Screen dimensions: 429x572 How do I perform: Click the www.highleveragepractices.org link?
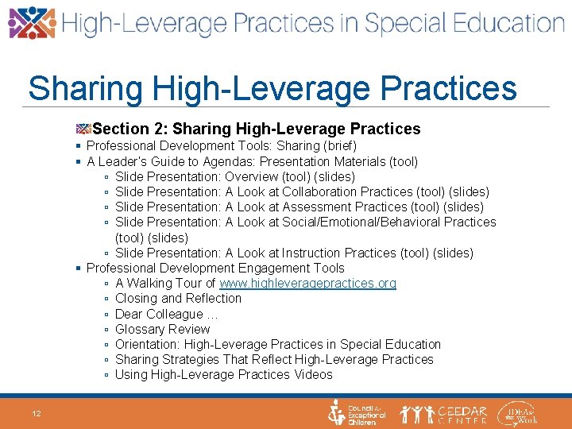[x=307, y=284]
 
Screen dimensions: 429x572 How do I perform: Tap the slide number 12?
[x=37, y=413]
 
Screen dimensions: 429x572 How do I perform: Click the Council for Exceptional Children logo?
[x=357, y=413]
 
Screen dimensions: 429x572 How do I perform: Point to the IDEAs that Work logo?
[x=517, y=413]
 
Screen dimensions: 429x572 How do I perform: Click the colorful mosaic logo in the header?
[x=32, y=23]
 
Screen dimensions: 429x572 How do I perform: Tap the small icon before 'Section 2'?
[x=84, y=129]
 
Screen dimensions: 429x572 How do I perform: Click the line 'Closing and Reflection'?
[x=178, y=299]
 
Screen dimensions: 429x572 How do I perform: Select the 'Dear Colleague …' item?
[x=167, y=314]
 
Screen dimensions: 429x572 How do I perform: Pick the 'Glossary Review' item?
[x=162, y=329]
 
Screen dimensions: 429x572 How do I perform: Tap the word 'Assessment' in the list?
[x=315, y=207]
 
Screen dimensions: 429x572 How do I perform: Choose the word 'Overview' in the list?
[x=252, y=176]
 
